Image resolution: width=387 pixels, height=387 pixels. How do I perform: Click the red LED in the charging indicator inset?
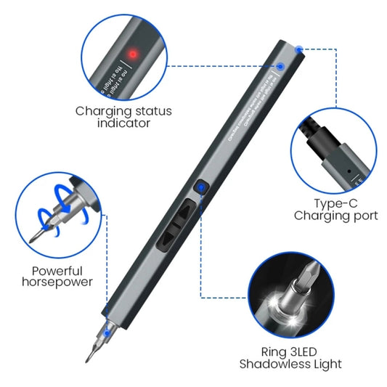pyautogui.click(x=133, y=54)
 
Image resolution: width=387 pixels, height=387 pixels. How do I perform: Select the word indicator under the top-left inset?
pyautogui.click(x=123, y=123)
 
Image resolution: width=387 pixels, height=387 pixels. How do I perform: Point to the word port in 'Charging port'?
pyautogui.click(x=363, y=216)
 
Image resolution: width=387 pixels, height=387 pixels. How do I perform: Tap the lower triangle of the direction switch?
pyautogui.click(x=174, y=239)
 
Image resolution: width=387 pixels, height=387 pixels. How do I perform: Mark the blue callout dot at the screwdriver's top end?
pyautogui.click(x=299, y=49)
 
